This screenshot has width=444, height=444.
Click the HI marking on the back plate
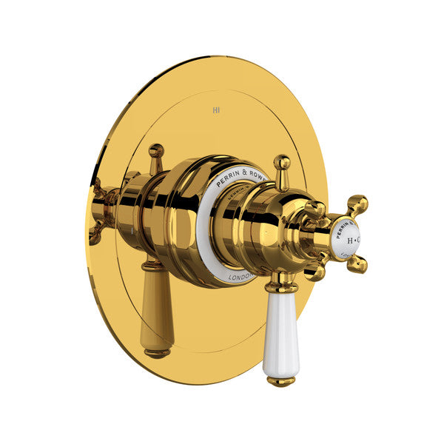[x=216, y=110]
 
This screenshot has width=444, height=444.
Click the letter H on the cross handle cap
[x=349, y=240]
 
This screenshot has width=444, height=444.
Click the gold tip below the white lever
[x=280, y=381]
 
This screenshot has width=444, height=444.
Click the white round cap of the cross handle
[x=346, y=239]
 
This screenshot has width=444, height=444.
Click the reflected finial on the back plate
[x=155, y=155]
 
